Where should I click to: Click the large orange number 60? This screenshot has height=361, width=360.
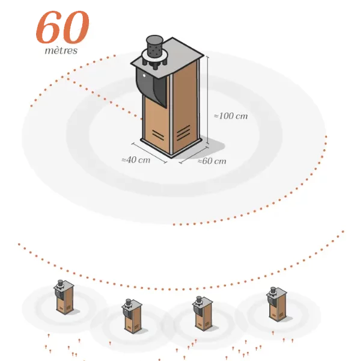(63, 27)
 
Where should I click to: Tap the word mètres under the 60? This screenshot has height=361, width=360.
(61, 51)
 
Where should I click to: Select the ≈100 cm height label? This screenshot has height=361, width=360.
(231, 116)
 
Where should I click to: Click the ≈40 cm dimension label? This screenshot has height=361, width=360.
(136, 160)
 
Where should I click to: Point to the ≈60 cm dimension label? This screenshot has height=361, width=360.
(212, 161)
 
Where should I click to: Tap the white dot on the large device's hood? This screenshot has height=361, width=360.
(144, 75)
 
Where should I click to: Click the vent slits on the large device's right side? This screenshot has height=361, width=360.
(183, 133)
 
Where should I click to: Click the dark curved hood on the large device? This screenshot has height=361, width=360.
(151, 87)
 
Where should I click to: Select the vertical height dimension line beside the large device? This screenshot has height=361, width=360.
(208, 100)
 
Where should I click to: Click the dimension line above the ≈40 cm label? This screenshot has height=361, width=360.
(149, 153)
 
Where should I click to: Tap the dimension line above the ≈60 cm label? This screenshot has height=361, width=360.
(194, 155)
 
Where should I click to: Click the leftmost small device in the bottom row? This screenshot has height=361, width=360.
(65, 297)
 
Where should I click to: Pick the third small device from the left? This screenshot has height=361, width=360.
(203, 313)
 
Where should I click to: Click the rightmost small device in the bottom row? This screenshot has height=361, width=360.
(276, 304)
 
